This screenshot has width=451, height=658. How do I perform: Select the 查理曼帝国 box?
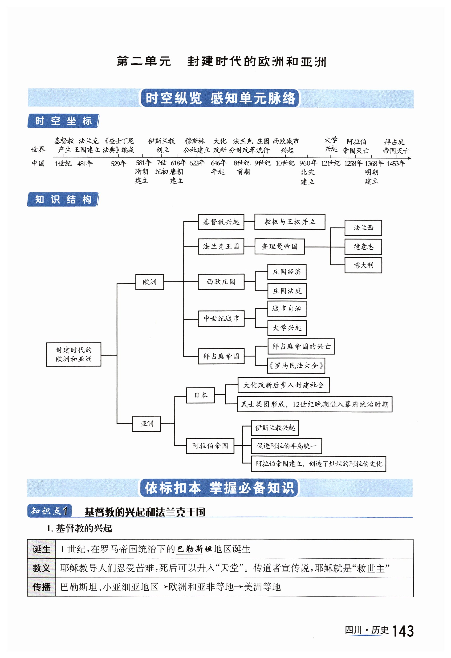280,246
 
